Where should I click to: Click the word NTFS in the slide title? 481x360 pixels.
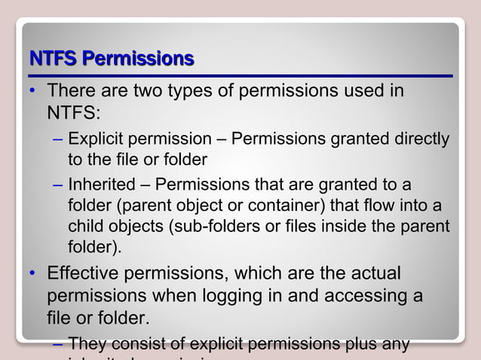point(54,58)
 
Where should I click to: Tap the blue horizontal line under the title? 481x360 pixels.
point(240,76)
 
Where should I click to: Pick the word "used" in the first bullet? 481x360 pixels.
point(361,92)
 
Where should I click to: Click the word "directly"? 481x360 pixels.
point(421,139)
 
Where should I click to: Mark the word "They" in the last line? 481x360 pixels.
point(88,345)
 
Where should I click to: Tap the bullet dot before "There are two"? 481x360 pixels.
point(32,93)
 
